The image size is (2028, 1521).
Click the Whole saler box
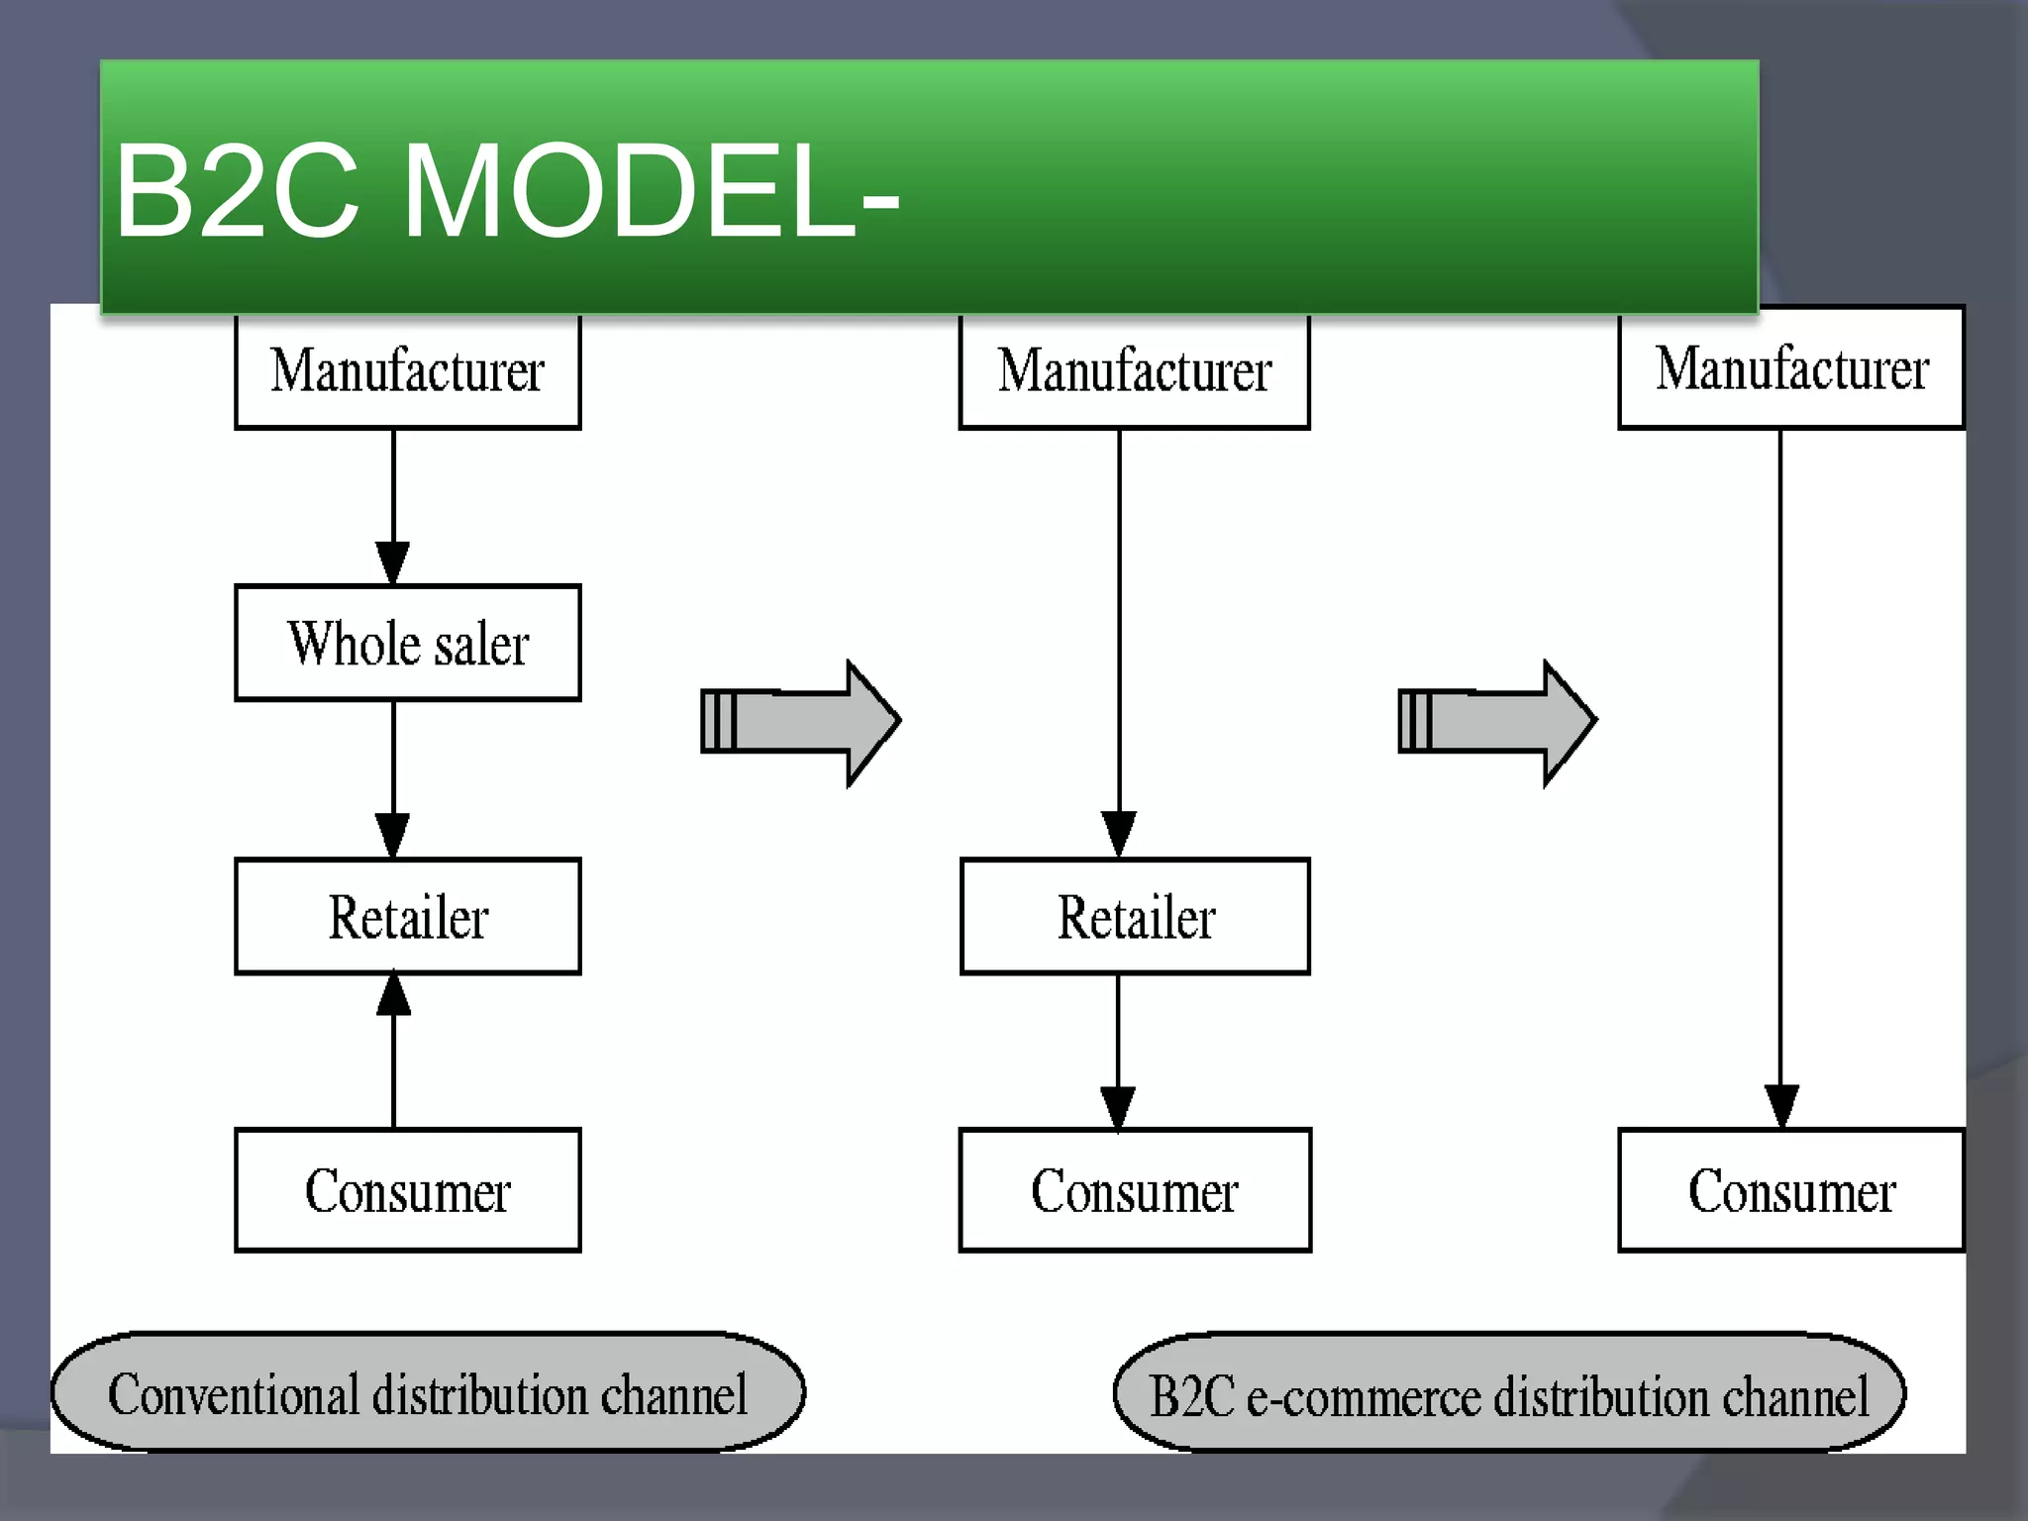[407, 643]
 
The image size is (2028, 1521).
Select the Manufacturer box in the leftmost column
[407, 371]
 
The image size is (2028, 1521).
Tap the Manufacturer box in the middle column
[1134, 371]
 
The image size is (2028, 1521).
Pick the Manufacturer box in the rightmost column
[1790, 369]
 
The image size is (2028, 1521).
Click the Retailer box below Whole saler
[407, 916]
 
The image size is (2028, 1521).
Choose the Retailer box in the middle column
[1135, 916]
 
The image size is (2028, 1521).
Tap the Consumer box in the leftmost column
[407, 1189]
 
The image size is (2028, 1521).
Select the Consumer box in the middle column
[1135, 1189]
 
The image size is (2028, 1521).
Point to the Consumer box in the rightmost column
[1790, 1189]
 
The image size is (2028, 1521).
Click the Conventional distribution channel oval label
[427, 1392]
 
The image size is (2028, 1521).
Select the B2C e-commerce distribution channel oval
[1508, 1393]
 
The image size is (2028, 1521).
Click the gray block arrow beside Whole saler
[800, 722]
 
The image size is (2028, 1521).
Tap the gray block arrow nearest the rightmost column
[1496, 722]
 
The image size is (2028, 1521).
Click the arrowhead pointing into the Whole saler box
[393, 563]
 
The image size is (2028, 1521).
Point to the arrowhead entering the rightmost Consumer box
[1780, 1106]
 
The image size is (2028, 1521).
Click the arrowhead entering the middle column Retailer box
[1119, 835]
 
